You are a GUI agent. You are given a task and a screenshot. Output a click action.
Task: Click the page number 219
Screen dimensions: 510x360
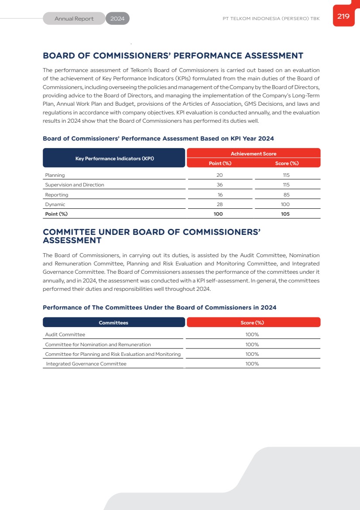point(343,17)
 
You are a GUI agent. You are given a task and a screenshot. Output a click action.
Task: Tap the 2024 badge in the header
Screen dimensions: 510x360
point(117,19)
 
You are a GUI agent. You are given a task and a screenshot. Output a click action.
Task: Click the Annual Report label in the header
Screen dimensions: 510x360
point(74,19)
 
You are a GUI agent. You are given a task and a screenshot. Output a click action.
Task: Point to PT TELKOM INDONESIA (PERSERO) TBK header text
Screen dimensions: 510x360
point(271,19)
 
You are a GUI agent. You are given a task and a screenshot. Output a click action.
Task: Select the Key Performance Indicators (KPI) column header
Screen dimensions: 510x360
point(114,159)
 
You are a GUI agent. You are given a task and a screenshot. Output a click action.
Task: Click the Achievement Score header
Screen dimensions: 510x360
point(254,154)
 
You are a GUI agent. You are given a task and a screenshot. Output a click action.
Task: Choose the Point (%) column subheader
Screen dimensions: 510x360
point(220,163)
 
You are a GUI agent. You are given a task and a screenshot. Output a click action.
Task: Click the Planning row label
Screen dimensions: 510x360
point(55,175)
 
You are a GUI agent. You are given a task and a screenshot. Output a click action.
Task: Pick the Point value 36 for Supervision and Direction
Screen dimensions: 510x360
point(220,185)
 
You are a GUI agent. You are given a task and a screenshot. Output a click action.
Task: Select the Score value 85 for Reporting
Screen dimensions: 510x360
point(286,195)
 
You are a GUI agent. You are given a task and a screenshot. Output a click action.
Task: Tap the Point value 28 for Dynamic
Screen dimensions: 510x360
point(220,204)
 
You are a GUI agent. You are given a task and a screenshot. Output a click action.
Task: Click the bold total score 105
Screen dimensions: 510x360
point(285,214)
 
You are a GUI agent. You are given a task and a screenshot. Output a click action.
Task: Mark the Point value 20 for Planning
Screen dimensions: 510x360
point(220,175)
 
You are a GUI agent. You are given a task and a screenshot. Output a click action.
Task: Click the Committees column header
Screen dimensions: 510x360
point(113,323)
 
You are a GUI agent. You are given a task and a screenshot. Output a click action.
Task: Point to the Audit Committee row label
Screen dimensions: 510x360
point(65,334)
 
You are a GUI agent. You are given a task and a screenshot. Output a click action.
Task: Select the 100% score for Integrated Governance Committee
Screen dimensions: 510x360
point(252,364)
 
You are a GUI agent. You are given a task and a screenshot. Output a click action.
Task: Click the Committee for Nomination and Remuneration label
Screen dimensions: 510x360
point(98,345)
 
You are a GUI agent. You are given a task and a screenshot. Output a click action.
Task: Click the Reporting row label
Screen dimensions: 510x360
point(57,195)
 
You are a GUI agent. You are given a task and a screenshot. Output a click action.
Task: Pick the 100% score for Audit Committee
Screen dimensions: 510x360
point(252,334)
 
